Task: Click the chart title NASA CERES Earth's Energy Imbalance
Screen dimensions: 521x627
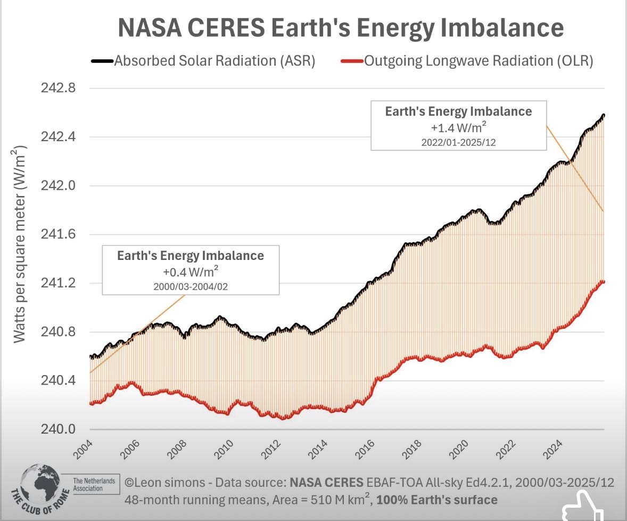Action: (340, 28)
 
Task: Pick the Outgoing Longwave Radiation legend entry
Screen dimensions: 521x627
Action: (478, 61)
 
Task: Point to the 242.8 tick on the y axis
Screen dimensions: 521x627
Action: (58, 88)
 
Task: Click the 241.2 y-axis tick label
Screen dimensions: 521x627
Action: (58, 283)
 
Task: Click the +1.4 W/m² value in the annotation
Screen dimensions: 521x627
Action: (459, 128)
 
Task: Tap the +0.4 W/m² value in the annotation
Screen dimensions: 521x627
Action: (191, 272)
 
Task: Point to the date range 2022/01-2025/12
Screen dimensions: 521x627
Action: (459, 142)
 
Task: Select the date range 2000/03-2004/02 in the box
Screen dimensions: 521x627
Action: (191, 286)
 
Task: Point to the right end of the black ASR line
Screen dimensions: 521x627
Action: (603, 115)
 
